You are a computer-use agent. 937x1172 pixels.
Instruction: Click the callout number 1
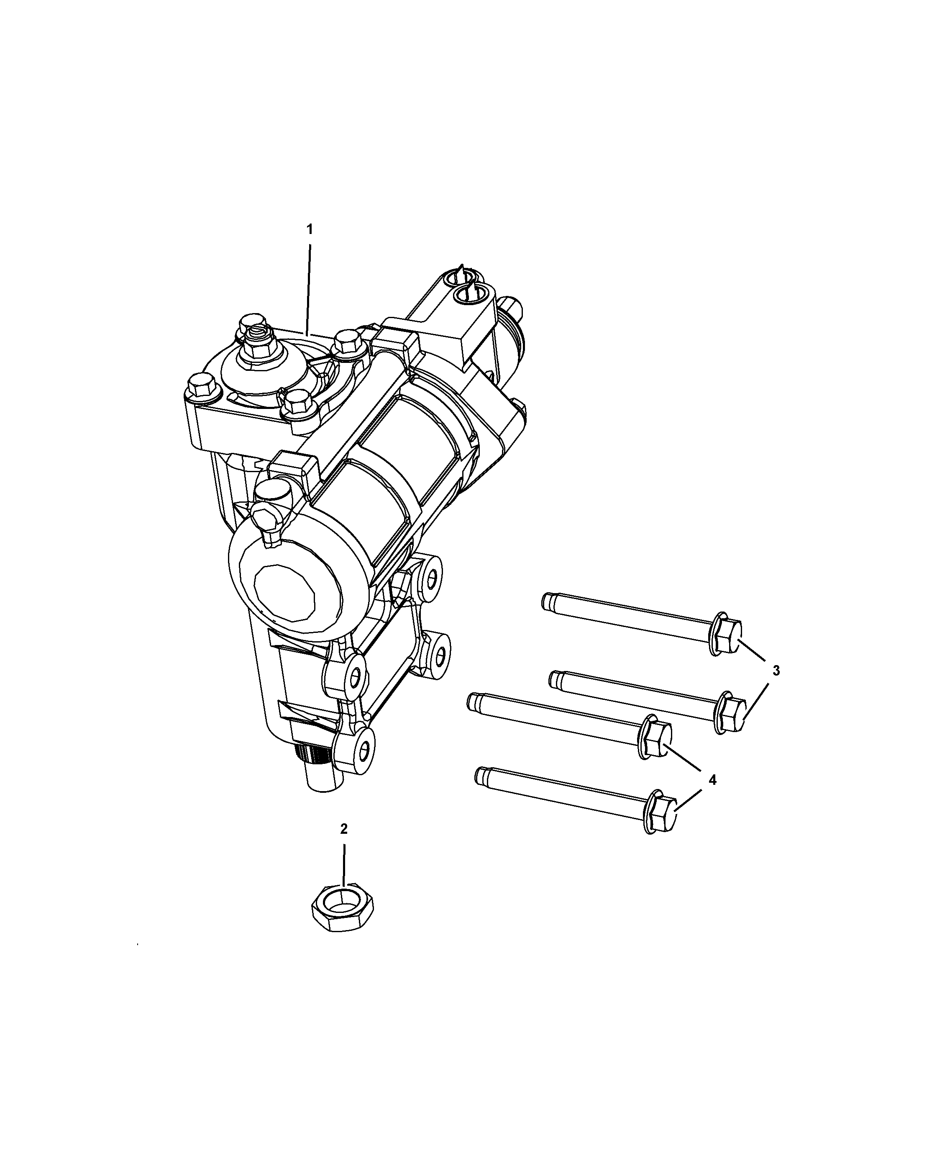click(310, 229)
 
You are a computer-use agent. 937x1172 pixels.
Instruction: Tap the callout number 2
click(343, 844)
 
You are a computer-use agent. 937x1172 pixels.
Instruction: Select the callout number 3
click(776, 671)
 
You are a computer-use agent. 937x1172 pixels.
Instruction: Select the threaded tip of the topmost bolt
click(548, 601)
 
